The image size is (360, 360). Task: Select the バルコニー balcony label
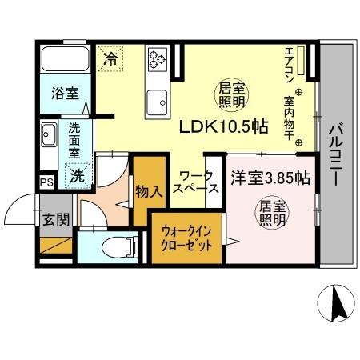(337, 153)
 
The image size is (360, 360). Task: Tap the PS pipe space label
(47, 181)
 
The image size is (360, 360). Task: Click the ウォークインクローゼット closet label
(187, 238)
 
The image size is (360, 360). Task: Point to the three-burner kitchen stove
(156, 58)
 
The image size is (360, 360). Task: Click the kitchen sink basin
(155, 102)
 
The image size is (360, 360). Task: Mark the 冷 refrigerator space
(111, 58)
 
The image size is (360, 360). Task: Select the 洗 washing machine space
(78, 174)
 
